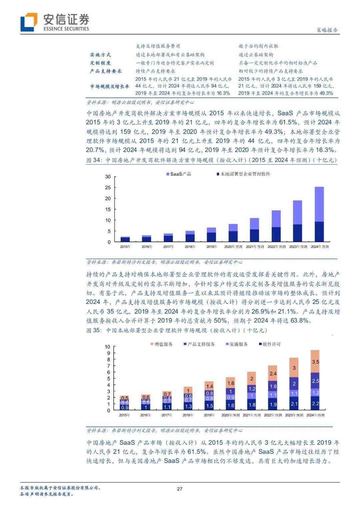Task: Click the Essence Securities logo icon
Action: pyautogui.click(x=29, y=22)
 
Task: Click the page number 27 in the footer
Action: pyautogui.click(x=180, y=489)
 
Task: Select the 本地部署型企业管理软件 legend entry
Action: pyautogui.click(x=243, y=174)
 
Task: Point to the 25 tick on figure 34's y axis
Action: pyautogui.click(x=108, y=188)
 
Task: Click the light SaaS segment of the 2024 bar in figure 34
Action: pyautogui.click(x=319, y=204)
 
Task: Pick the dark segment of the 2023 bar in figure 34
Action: pyautogui.click(x=297, y=233)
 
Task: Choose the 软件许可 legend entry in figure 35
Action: pyautogui.click(x=270, y=344)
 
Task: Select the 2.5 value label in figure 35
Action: pyautogui.click(x=316, y=381)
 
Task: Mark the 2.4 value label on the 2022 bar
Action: pyautogui.click(x=273, y=373)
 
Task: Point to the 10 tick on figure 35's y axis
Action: pyautogui.click(x=108, y=347)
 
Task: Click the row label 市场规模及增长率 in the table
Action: pyautogui.click(x=109, y=86)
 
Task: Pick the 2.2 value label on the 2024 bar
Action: pyautogui.click(x=315, y=404)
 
